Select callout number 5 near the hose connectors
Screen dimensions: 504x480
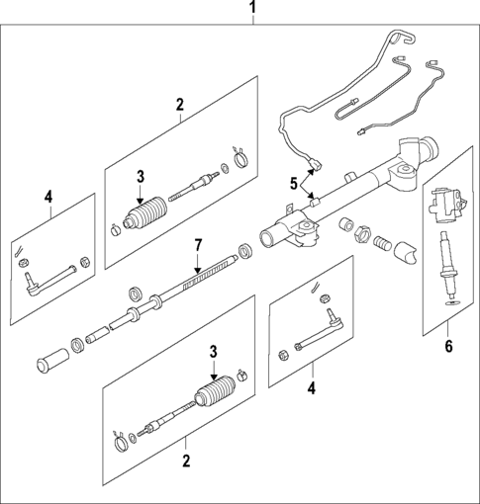tap(293, 183)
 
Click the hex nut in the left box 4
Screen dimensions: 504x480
tap(85, 263)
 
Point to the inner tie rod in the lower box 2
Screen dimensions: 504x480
tap(164, 426)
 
